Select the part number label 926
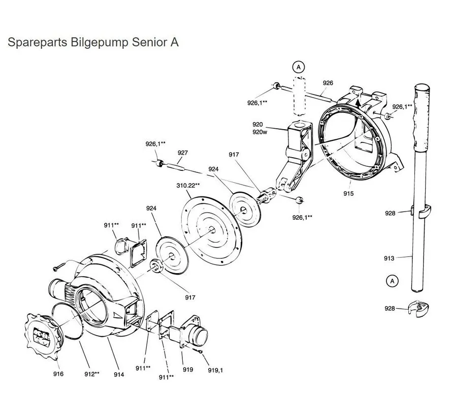coord(328,83)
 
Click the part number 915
coord(348,193)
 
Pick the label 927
coord(183,153)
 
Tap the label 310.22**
coord(188,186)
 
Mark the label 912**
coord(91,374)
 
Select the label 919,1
coord(215,370)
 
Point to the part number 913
coord(389,258)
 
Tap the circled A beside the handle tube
coord(391,280)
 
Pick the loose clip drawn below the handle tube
coord(417,309)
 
